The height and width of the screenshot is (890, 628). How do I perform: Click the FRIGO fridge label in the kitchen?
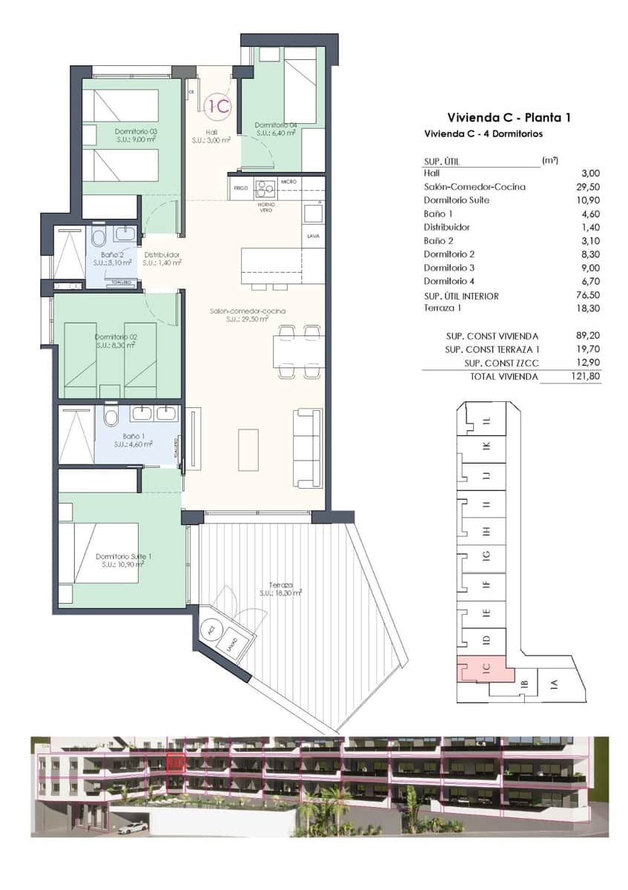point(240,188)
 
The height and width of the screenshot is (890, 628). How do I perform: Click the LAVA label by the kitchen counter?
point(313,237)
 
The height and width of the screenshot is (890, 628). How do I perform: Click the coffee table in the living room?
point(248,449)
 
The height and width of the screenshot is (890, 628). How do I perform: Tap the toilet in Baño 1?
point(111,417)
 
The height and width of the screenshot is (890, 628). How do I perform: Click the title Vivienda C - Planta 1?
point(508,117)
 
